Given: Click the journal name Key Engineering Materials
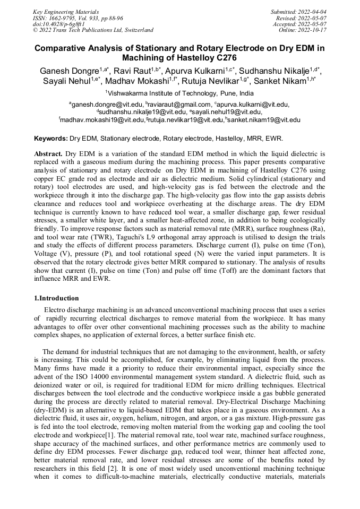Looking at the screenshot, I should click(x=66, y=11).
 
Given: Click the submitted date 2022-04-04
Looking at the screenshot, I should click(x=311, y=11).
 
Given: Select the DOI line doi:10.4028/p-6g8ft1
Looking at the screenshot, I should click(x=58, y=24).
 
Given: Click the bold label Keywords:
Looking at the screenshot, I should click(x=51, y=138).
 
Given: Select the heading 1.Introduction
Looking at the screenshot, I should click(x=56, y=298).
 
